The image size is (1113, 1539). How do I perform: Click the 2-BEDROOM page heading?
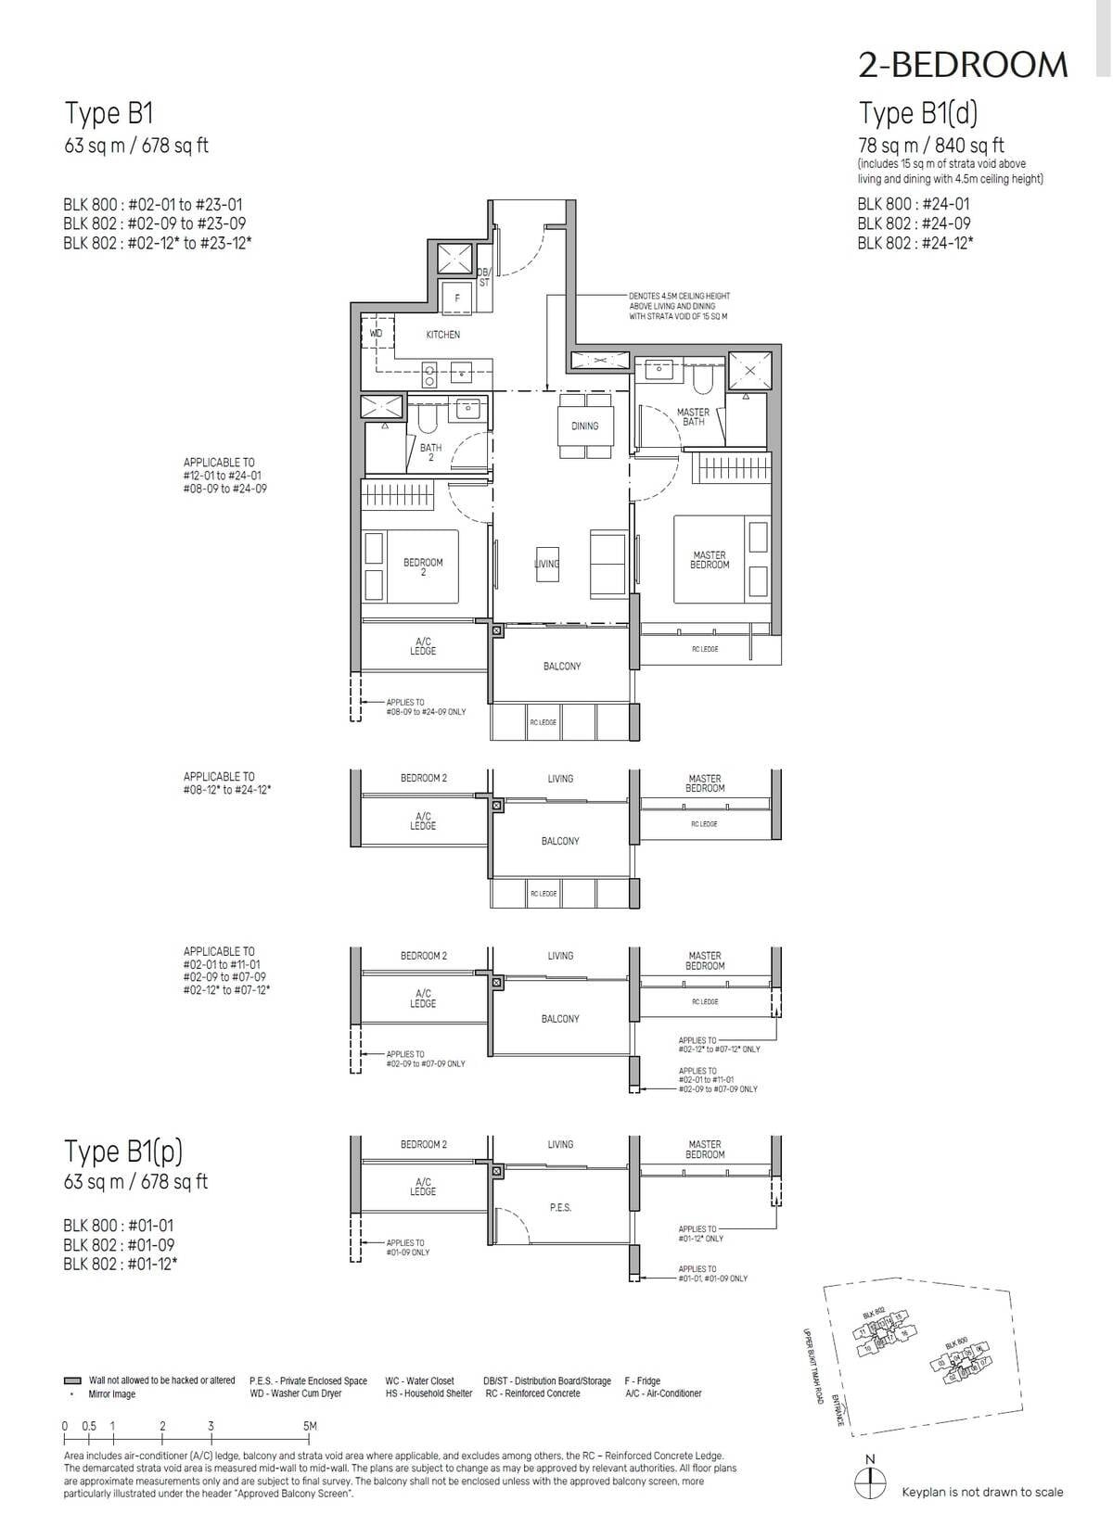[x=963, y=64]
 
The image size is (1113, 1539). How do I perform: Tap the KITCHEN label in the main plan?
[x=442, y=335]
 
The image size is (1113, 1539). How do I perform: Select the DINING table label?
[x=584, y=426]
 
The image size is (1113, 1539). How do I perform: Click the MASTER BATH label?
[x=693, y=417]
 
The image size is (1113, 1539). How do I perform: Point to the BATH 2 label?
[x=430, y=452]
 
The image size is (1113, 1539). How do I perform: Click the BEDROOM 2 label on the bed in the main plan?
[x=423, y=566]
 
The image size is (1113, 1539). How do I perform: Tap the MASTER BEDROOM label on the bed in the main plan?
[x=710, y=560]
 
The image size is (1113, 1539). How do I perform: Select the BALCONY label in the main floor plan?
[x=562, y=667]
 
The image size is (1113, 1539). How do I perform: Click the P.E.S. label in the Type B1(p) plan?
[x=560, y=1208]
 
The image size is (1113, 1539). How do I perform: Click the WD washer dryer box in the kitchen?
[x=376, y=333]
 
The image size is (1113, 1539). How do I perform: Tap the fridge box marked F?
[x=457, y=299]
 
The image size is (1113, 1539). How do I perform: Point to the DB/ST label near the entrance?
[x=483, y=277]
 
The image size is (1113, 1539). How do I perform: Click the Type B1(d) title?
[x=918, y=113]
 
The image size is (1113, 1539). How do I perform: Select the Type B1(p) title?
[x=123, y=1151]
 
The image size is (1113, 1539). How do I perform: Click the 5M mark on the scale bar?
[x=310, y=1426]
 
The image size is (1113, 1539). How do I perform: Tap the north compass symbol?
[x=869, y=1481]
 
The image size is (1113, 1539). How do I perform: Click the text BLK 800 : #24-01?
[x=914, y=204]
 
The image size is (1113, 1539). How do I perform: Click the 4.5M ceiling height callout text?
[x=679, y=306]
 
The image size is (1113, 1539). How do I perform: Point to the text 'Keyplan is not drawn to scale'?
[x=982, y=1492]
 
